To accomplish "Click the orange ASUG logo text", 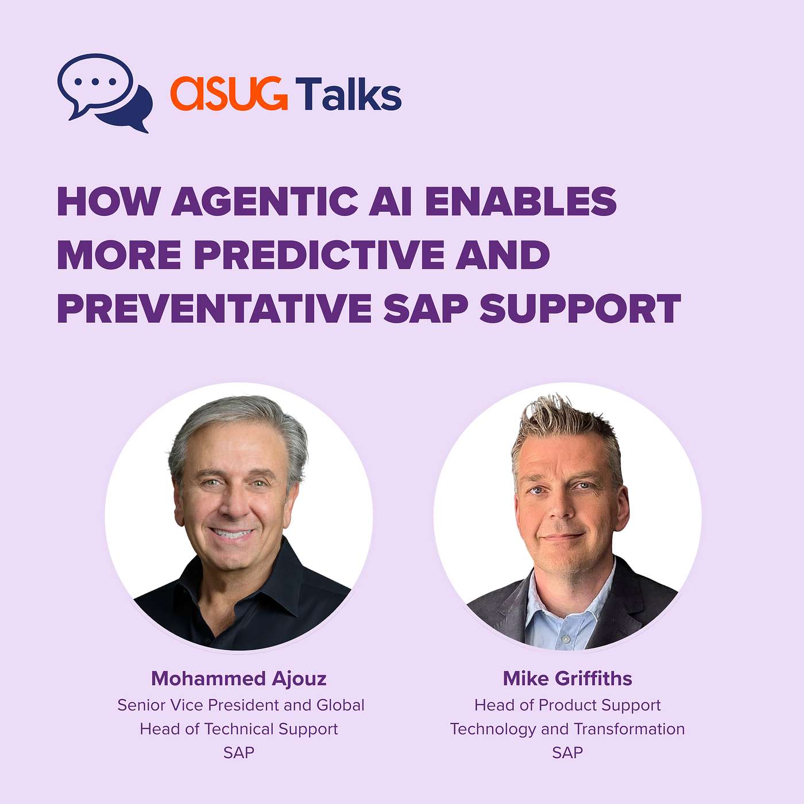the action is point(229,94).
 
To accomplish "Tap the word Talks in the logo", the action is point(349,93).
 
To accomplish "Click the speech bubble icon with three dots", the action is point(105,92).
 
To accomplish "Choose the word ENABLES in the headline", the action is point(520,201).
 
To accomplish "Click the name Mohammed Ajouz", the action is point(239,679).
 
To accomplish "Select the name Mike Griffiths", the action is point(567,679).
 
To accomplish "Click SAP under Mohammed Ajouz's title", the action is point(239,752).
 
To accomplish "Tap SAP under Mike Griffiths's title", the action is point(567,752).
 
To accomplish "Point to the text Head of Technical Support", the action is point(239,729).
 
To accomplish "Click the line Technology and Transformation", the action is point(567,729).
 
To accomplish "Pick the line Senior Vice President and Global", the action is point(241,705).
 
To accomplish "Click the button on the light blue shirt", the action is point(566,639).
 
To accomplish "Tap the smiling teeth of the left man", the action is point(232,533).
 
